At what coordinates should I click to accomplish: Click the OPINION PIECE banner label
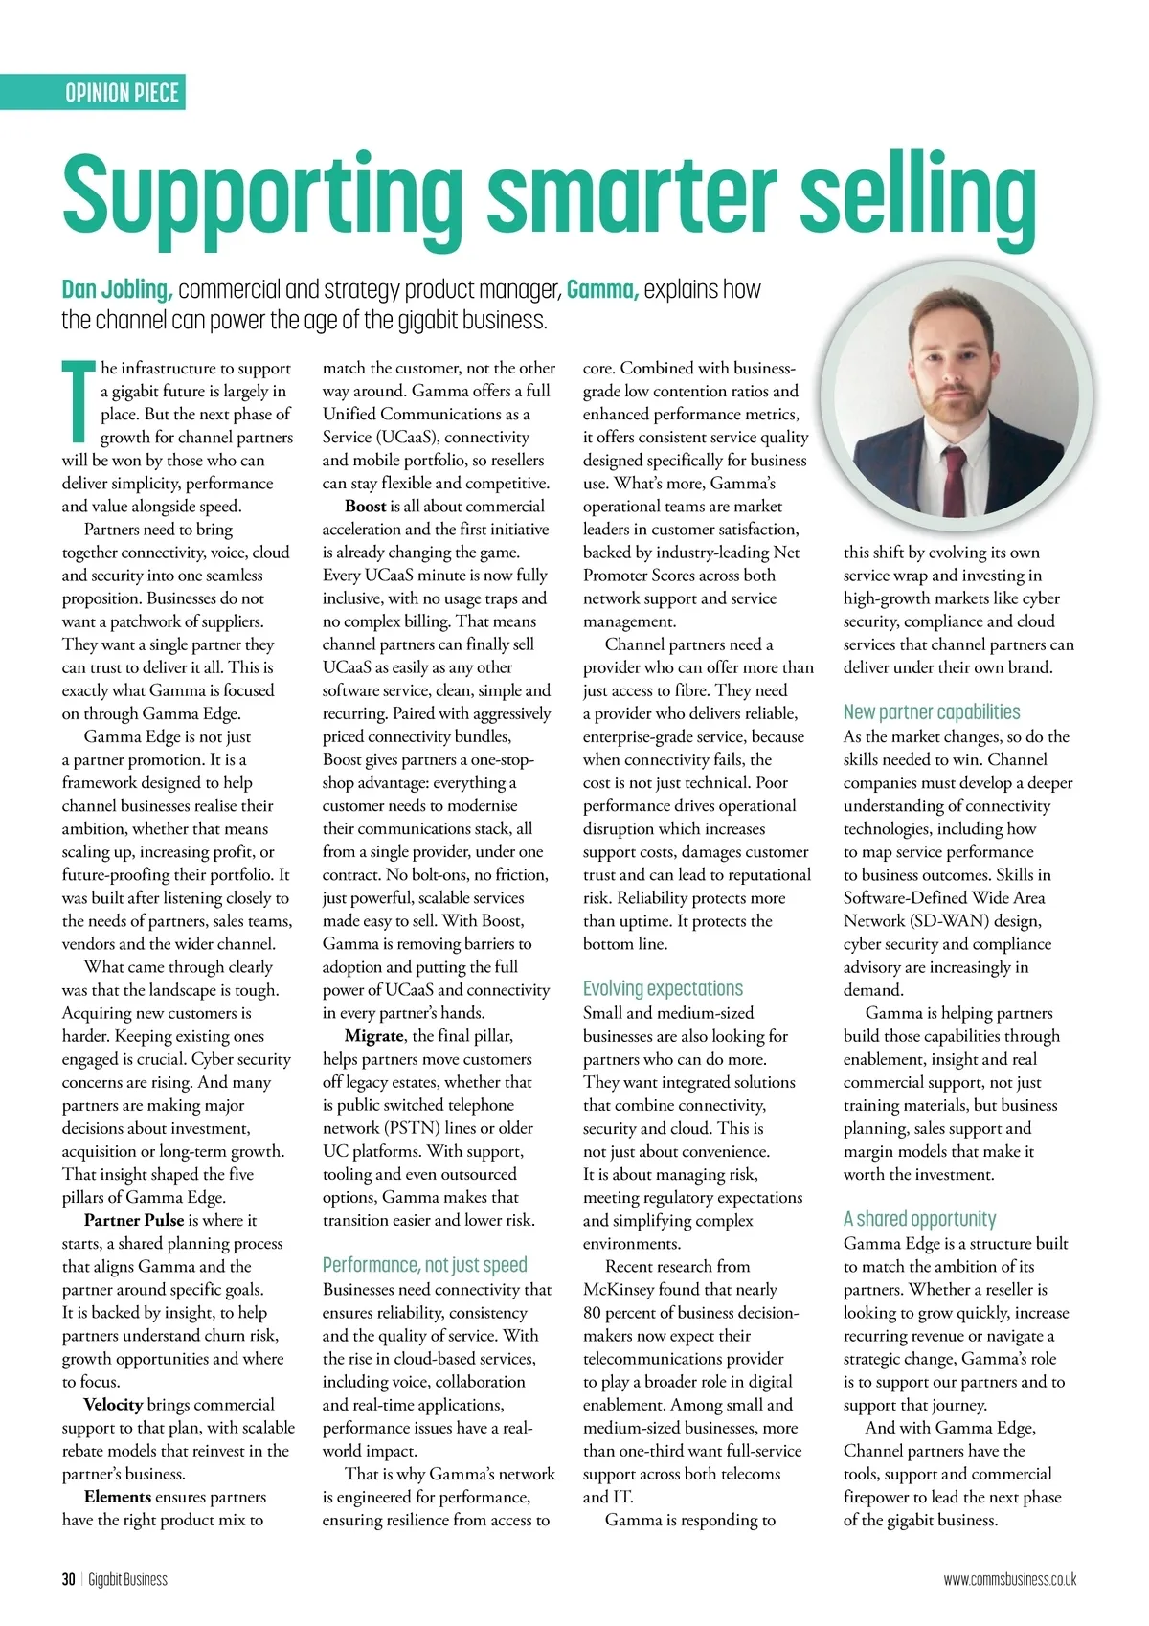[x=122, y=93]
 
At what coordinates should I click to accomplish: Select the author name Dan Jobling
[x=117, y=289]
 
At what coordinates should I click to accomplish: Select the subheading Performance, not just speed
[x=424, y=1265]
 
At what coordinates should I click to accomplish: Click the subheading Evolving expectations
[x=663, y=988]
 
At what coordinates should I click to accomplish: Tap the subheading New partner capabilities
[x=931, y=712]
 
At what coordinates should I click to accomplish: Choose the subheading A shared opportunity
[x=919, y=1219]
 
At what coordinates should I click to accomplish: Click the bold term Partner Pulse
[x=133, y=1220]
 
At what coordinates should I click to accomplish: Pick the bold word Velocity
[x=113, y=1405]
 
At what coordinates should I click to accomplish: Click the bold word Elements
[x=117, y=1497]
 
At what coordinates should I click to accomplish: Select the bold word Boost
[x=365, y=507]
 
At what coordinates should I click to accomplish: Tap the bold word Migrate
[x=373, y=1036]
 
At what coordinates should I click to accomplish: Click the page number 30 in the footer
[x=68, y=1579]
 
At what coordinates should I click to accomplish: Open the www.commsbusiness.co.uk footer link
[x=1009, y=1579]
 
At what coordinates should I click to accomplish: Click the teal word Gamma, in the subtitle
[x=602, y=289]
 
